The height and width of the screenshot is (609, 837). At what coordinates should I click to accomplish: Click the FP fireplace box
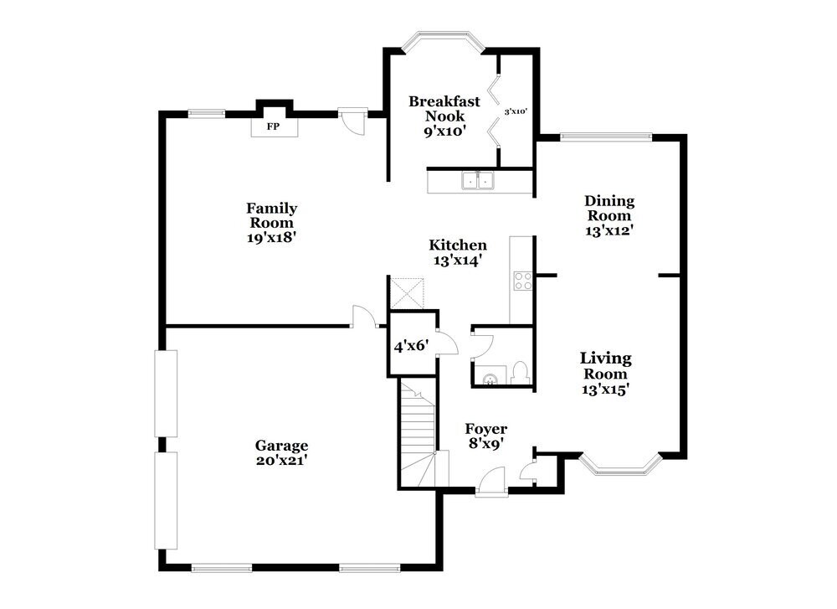coord(272,126)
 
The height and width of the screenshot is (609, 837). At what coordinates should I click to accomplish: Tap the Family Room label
coord(271,215)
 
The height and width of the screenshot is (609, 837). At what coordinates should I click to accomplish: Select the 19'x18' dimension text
coord(271,237)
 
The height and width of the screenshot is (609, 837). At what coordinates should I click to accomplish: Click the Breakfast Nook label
coord(444,109)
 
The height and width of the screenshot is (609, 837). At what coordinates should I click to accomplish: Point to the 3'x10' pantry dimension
coord(515,111)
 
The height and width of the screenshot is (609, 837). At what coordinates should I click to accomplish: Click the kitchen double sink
coord(477,181)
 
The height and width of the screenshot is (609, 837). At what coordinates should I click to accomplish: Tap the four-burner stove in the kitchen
coord(522,281)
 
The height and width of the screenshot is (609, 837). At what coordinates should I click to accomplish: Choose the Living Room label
coord(606,365)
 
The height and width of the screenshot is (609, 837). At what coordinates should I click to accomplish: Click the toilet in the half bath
coord(519,371)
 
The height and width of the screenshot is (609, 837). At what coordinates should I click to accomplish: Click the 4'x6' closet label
coord(411,344)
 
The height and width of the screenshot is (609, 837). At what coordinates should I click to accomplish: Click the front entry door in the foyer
coord(490,485)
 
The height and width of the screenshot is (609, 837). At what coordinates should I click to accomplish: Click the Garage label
coord(282,446)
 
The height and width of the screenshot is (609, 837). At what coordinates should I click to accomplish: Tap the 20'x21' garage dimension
coord(282,460)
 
